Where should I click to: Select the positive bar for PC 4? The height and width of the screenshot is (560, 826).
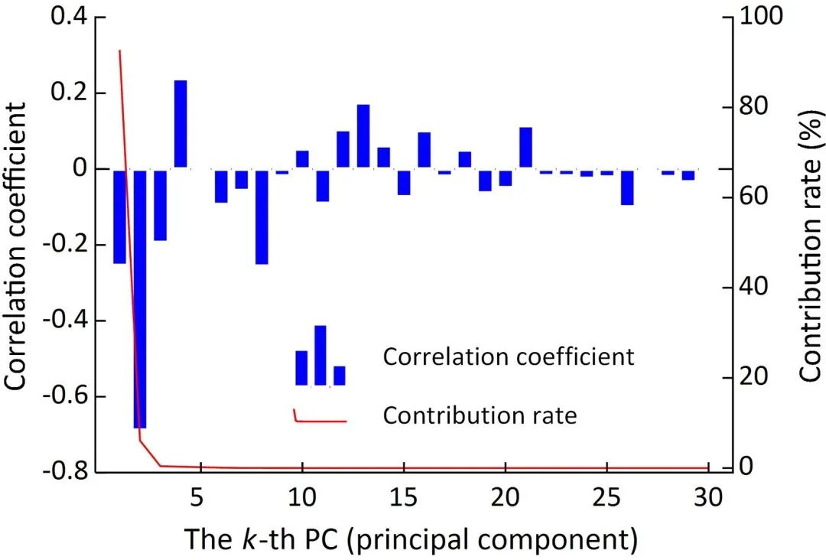pyautogui.click(x=180, y=124)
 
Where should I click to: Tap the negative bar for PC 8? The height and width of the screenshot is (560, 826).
pyautogui.click(x=262, y=217)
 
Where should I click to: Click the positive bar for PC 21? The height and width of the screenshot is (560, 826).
pyautogui.click(x=525, y=148)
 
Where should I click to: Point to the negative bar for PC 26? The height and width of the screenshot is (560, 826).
pyautogui.click(x=627, y=187)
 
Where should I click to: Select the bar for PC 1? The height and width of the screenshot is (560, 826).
pyautogui.click(x=119, y=217)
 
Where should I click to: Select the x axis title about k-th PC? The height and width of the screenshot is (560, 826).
pyautogui.click(x=411, y=539)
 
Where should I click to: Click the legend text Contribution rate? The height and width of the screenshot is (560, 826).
pyautogui.click(x=480, y=415)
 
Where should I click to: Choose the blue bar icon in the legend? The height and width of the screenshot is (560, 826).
pyautogui.click(x=320, y=358)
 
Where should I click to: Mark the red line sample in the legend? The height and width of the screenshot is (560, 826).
pyautogui.click(x=320, y=418)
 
